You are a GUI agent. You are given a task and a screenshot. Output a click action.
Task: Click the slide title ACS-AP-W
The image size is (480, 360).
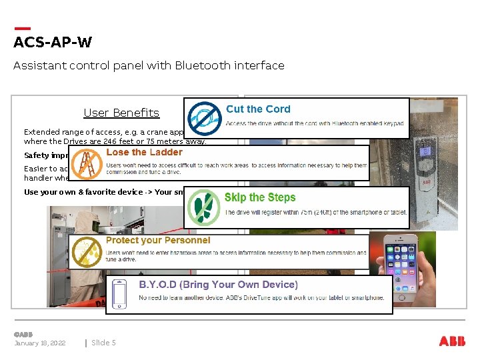click(53, 43)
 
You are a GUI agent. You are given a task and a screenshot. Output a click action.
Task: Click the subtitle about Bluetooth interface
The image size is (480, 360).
click(149, 65)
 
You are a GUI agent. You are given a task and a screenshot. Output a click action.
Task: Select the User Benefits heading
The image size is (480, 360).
click(121, 113)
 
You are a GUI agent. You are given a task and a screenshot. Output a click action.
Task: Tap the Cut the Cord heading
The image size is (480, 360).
click(258, 109)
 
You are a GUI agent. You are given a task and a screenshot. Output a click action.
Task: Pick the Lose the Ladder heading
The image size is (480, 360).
click(144, 152)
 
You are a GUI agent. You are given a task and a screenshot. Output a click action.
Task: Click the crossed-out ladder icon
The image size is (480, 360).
click(85, 162)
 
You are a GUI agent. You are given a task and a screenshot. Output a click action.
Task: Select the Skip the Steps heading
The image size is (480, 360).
click(260, 197)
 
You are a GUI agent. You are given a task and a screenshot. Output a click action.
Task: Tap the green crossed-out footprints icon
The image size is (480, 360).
click(203, 207)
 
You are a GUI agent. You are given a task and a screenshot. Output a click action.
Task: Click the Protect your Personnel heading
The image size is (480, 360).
click(158, 240)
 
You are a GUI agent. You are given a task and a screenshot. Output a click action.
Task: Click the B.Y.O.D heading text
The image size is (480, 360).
click(218, 285)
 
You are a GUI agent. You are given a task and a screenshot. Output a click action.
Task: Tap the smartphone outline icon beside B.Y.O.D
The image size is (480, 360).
click(120, 294)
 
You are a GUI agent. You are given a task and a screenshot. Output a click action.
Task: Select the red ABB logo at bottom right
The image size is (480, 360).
click(453, 341)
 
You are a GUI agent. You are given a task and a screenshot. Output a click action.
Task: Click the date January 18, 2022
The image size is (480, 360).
click(40, 343)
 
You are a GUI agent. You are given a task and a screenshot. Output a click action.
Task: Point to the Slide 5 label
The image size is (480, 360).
click(103, 343)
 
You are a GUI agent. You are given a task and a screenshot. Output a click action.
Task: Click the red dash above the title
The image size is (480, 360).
click(22, 29)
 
